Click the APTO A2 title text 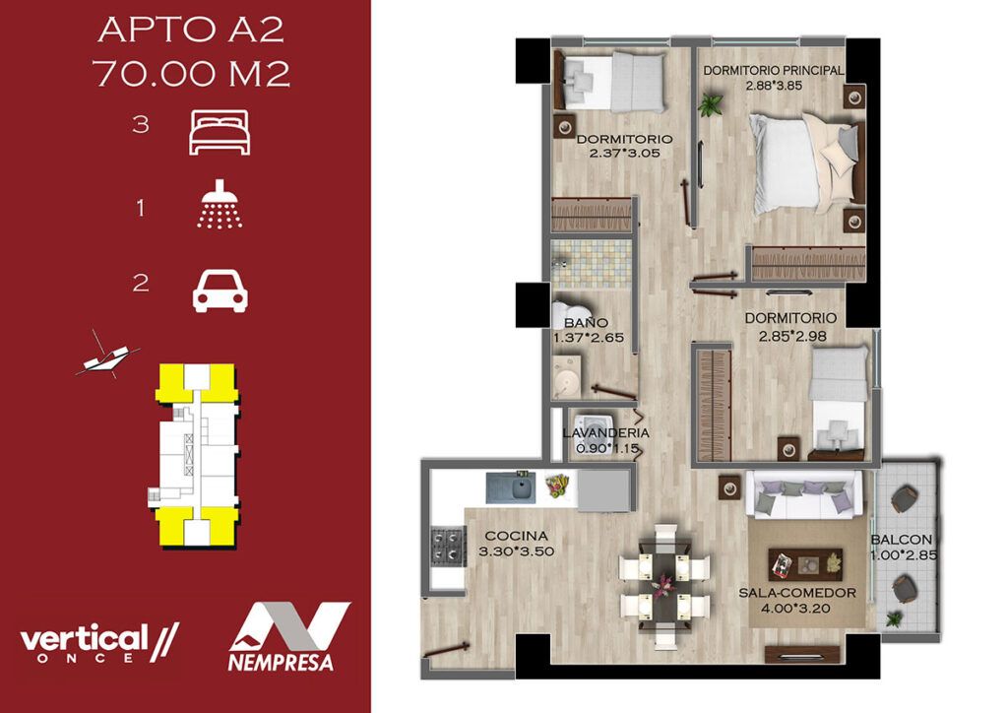tap(191, 31)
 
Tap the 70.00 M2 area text tap(192, 73)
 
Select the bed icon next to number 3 tap(220, 132)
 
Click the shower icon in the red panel tap(220, 205)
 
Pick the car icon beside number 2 tap(220, 292)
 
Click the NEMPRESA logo tap(289, 637)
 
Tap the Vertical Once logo tap(98, 642)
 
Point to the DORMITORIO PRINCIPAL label tap(774, 71)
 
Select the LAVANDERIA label tap(605, 433)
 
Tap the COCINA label tap(516, 536)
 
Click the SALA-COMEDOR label tap(797, 593)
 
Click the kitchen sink tap(511, 487)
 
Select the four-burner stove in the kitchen tap(448, 547)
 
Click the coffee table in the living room tap(805, 564)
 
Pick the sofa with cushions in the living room tap(804, 494)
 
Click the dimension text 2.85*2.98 tap(792, 336)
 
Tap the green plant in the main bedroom tap(711, 104)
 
